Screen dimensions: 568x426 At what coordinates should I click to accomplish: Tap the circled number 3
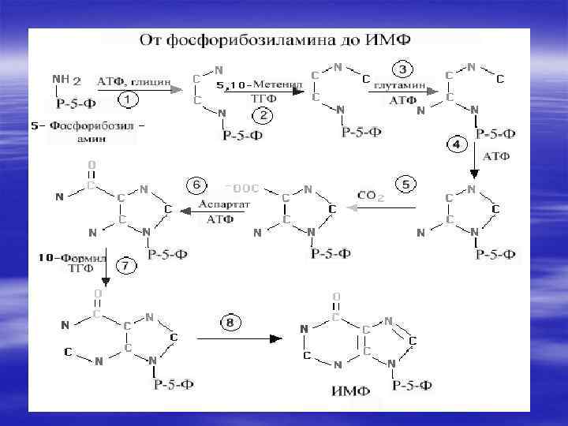pyautogui.click(x=402, y=70)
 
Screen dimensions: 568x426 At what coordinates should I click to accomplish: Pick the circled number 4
pyautogui.click(x=457, y=144)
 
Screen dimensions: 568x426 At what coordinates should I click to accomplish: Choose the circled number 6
pyautogui.click(x=197, y=185)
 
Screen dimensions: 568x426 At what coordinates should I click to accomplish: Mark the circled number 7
pyautogui.click(x=125, y=265)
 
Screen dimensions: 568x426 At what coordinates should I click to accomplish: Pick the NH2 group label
pyautogui.click(x=66, y=79)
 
